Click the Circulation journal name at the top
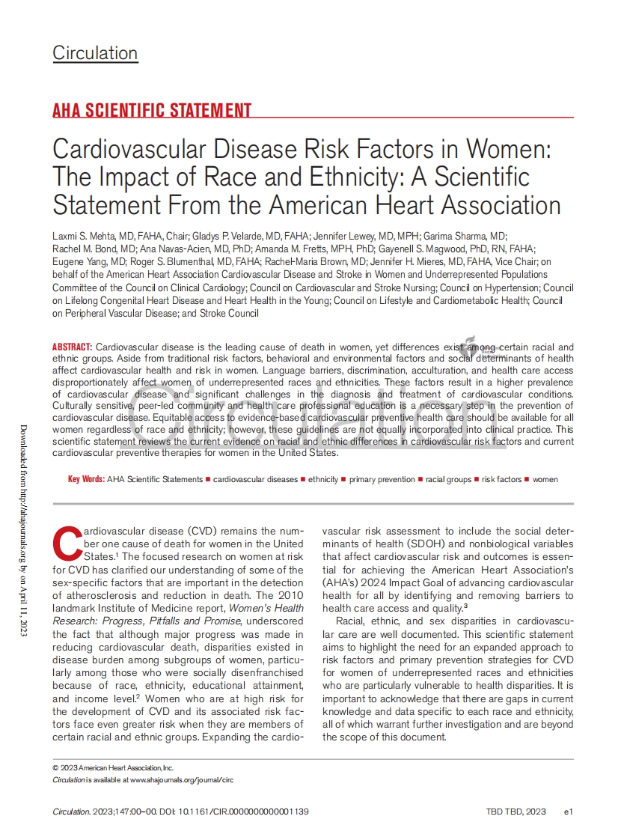95,53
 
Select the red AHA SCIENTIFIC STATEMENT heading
152,111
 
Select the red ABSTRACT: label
72,347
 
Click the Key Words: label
86,479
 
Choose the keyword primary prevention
382,479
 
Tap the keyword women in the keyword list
545,479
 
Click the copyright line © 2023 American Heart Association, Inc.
113,768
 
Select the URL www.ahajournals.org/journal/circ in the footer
182,779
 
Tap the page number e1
569,812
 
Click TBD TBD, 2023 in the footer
516,812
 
